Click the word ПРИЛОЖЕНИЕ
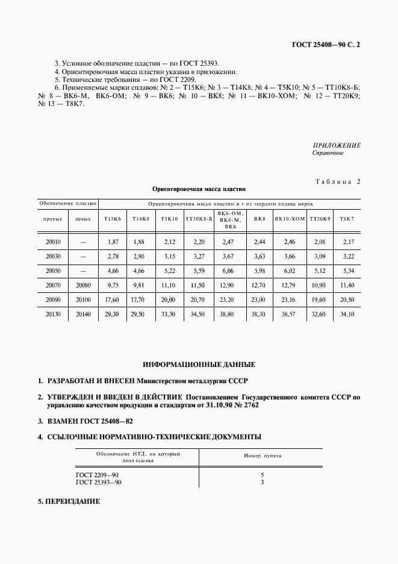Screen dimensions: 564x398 337,145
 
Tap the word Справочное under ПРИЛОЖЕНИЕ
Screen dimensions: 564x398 328,153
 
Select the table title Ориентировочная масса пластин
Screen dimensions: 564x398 199,189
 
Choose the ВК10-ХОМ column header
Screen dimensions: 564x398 290,219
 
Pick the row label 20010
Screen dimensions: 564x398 53,242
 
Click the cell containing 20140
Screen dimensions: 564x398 83,314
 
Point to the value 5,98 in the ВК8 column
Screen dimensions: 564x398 260,271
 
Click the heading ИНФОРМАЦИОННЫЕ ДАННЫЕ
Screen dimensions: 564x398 199,365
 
